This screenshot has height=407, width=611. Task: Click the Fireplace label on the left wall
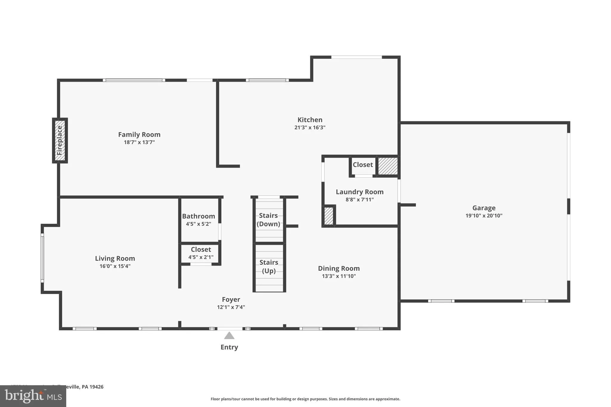tap(60, 140)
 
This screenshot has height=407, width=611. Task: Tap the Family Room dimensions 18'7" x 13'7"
tap(139, 142)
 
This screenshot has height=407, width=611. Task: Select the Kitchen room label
tap(310, 120)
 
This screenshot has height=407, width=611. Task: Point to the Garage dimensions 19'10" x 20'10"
tap(484, 216)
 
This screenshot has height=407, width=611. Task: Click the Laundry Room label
tap(359, 192)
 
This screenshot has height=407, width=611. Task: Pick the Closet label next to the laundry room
tap(362, 165)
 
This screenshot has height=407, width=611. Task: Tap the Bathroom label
tap(198, 216)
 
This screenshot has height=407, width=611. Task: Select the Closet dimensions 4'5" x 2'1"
tap(201, 257)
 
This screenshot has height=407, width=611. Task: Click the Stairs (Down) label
tap(268, 219)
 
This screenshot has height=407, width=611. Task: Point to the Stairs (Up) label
tap(269, 266)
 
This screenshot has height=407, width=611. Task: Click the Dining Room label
tap(339, 268)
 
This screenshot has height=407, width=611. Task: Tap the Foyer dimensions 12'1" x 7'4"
tap(231, 307)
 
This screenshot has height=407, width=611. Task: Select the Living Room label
tap(115, 259)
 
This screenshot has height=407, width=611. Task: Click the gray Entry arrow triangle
tap(229, 336)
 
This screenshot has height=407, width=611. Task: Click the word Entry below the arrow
tap(229, 347)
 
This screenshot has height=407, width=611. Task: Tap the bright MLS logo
tap(33, 396)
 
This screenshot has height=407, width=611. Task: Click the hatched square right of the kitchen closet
tap(388, 166)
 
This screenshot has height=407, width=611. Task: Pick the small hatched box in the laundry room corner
tap(328, 216)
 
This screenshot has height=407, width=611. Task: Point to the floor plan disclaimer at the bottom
tap(305, 399)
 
